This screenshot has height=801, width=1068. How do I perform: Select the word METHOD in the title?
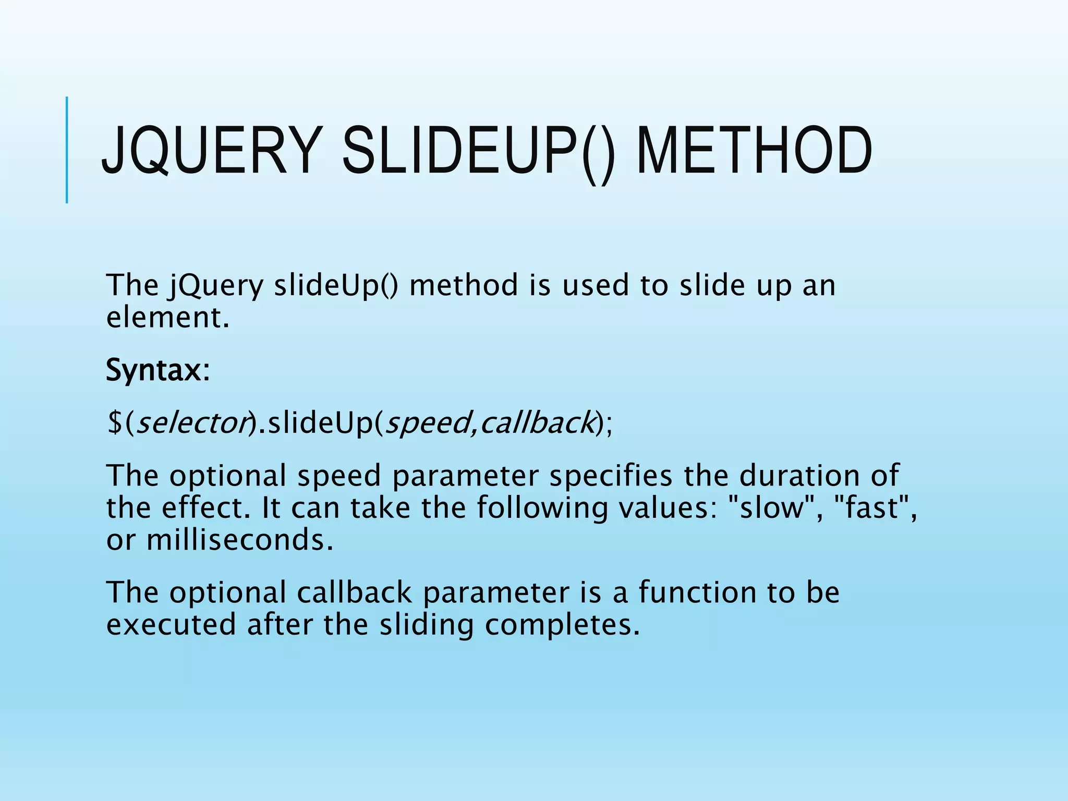click(754, 151)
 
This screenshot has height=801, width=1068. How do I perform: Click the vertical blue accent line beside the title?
click(67, 150)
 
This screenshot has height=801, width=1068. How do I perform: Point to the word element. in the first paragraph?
click(167, 318)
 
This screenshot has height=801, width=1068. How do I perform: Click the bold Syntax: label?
click(157, 371)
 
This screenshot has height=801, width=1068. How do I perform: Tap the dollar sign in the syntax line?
click(114, 422)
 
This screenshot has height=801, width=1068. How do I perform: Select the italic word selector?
click(191, 422)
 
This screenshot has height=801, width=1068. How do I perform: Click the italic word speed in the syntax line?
click(427, 422)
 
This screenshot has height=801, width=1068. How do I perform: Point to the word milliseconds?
click(239, 540)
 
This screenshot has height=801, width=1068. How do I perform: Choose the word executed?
click(172, 625)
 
